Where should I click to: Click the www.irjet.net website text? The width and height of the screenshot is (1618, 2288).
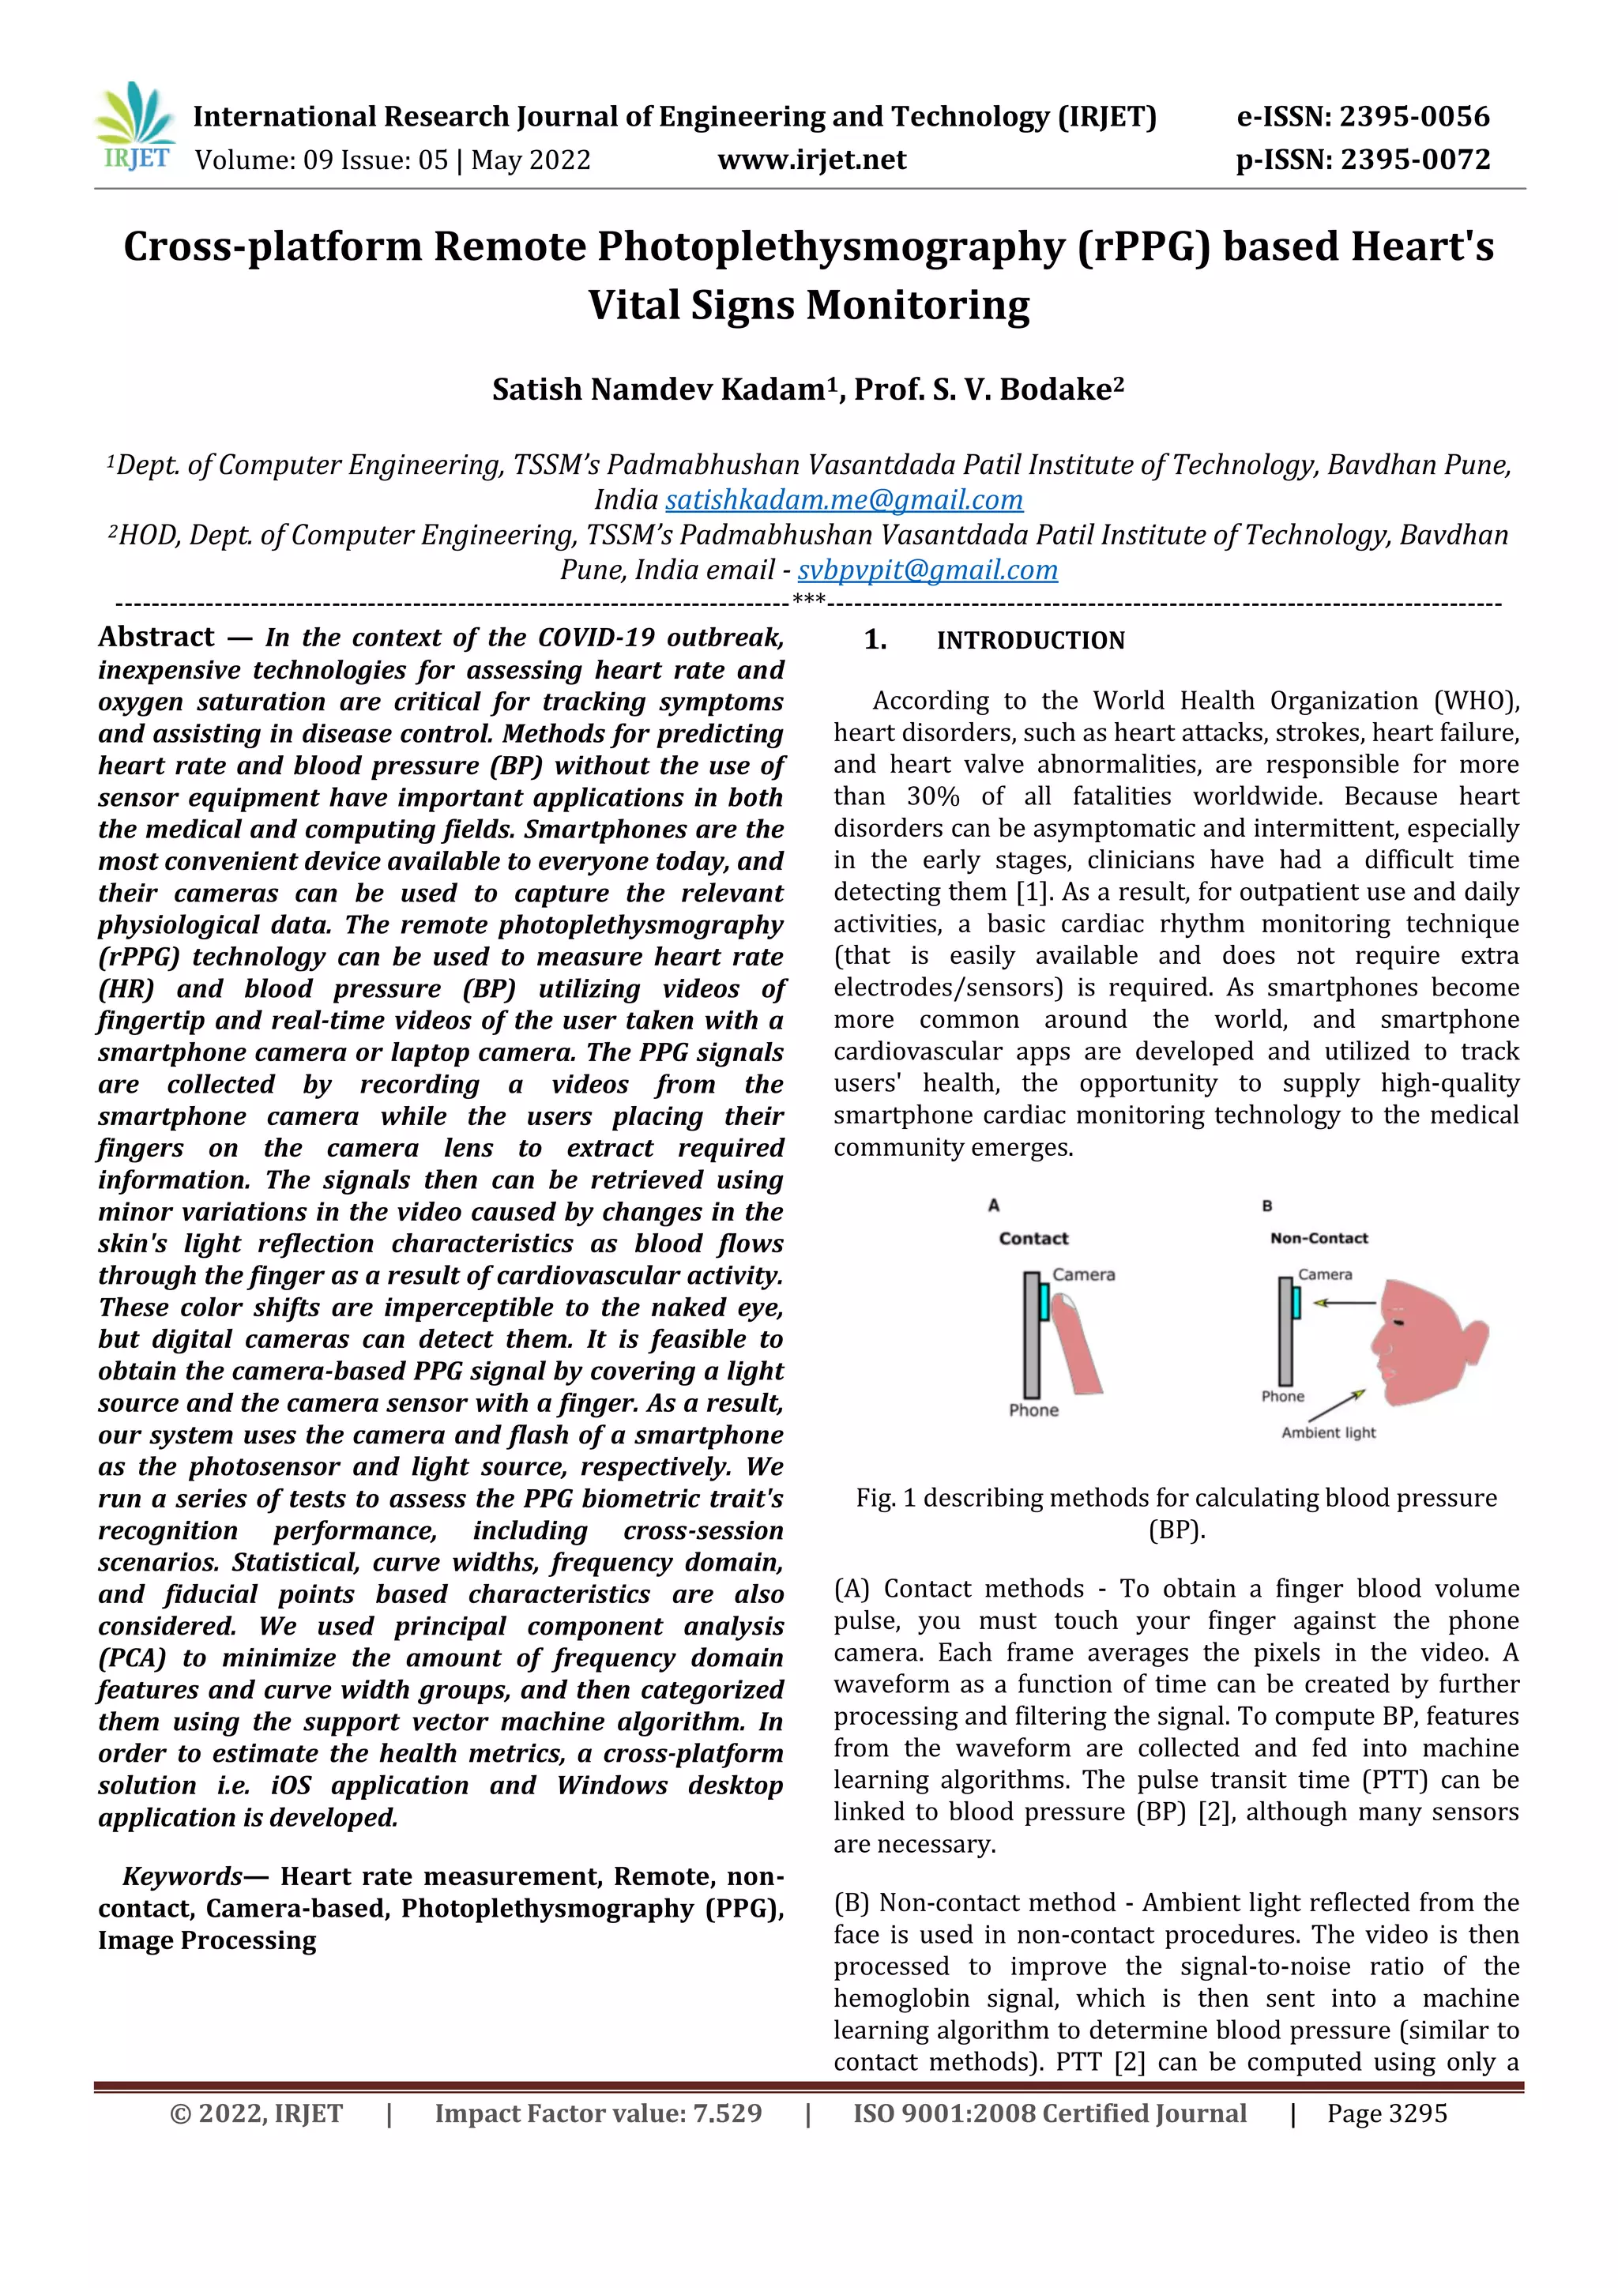pos(812,160)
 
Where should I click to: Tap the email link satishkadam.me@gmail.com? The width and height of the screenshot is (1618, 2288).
pos(844,500)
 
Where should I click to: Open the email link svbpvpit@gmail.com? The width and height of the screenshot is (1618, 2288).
pos(927,570)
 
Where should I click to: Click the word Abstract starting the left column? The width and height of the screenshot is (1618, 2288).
pos(156,637)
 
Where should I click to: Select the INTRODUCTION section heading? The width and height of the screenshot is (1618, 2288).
pos(1030,641)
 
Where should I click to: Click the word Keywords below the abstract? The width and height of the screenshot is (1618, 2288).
pos(182,1876)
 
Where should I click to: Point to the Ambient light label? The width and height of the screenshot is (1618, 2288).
pos(1328,1433)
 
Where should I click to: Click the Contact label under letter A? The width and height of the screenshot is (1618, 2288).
pos(1033,1239)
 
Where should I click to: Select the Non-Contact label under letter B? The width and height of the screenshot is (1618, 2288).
pos(1319,1239)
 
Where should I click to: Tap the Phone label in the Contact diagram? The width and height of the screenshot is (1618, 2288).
pos(1033,1410)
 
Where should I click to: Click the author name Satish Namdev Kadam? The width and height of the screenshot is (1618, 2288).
pos(657,389)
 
